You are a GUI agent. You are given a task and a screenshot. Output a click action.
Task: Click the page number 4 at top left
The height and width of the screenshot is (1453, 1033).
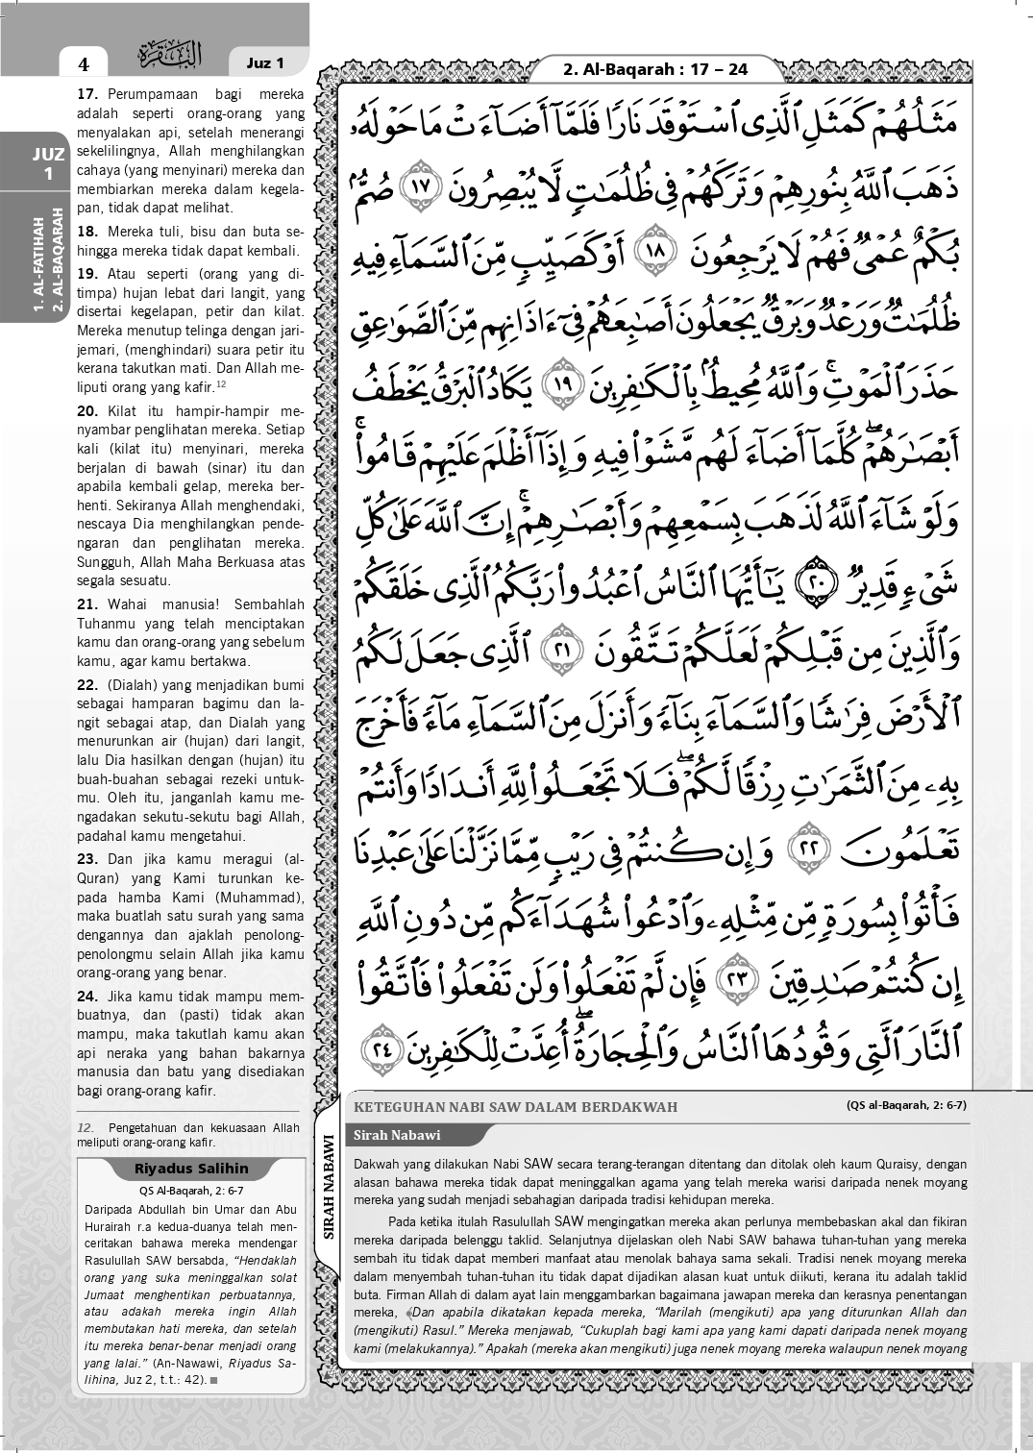84,64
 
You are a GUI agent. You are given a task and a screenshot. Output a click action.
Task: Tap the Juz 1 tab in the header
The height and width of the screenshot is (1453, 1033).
265,63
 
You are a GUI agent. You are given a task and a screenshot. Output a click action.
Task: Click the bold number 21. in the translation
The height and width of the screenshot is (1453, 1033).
88,604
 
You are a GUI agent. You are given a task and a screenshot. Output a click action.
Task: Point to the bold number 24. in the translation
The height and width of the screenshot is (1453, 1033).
88,997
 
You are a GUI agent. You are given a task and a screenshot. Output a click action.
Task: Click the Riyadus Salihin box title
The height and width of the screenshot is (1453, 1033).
192,1169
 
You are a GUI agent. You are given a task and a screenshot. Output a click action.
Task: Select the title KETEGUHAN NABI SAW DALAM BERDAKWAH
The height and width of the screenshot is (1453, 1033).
516,1106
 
